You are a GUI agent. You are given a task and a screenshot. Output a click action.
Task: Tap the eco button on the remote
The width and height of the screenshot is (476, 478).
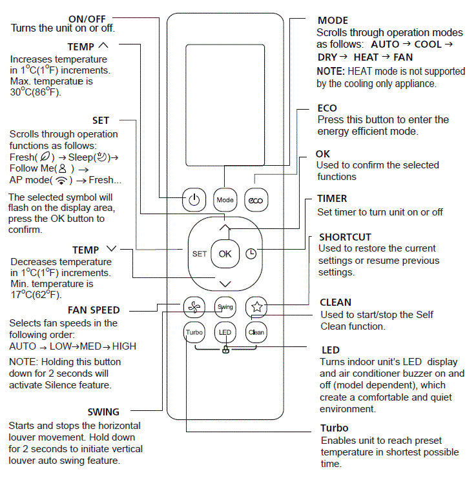(256, 200)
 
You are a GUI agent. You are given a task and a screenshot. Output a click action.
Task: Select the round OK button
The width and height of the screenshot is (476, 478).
(225, 254)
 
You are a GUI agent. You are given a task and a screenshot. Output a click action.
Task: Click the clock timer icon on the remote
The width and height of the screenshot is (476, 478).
(251, 254)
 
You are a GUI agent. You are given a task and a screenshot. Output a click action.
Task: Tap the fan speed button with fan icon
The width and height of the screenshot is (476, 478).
(194, 307)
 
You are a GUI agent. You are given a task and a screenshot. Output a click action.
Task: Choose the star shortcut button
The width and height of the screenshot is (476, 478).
(256, 307)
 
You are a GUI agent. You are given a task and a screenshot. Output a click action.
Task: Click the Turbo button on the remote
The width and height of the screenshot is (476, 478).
(194, 332)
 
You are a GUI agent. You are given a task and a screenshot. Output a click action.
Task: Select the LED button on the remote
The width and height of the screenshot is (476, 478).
(225, 332)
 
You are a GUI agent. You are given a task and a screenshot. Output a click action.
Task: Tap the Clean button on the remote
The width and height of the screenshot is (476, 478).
(256, 332)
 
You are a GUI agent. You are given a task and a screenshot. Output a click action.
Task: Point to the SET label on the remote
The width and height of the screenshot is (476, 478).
(200, 254)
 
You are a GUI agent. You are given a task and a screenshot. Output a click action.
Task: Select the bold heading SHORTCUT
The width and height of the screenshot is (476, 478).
(345, 237)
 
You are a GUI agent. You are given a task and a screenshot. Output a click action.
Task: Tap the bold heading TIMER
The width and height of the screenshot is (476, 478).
(332, 199)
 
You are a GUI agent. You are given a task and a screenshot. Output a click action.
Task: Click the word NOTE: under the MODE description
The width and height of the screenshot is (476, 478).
(331, 71)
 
